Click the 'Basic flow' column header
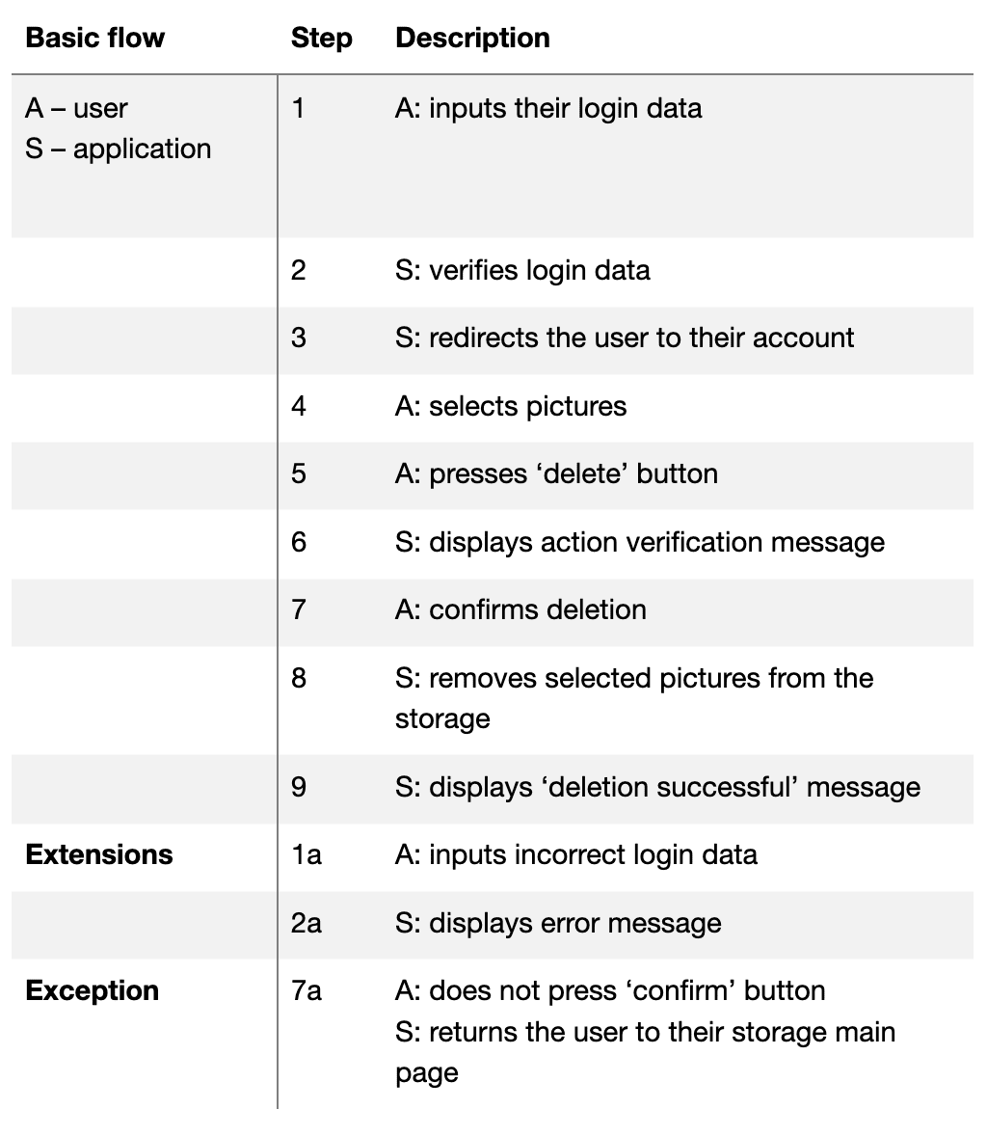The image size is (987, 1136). pos(94,39)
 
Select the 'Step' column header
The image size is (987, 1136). pos(321,39)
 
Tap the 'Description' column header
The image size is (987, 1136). pos(472,39)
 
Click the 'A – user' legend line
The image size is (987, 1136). pos(76,108)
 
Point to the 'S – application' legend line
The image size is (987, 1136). pos(118,149)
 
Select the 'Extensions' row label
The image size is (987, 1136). pos(98,854)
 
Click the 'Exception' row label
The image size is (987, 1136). pos(92,990)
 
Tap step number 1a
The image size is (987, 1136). pos(306,854)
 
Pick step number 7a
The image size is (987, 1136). pos(306,990)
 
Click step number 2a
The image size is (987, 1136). pos(306,923)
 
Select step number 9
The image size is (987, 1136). pos(298,787)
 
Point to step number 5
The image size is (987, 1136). pos(298,473)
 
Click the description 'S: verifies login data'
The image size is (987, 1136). pos(521,270)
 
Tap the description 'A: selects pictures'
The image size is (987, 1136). pos(510,406)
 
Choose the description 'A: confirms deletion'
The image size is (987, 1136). pos(520,609)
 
